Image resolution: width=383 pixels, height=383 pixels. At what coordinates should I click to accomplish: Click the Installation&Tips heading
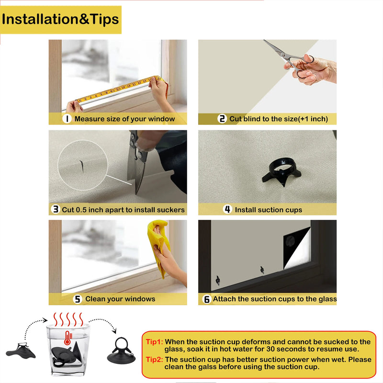[x=60, y=19]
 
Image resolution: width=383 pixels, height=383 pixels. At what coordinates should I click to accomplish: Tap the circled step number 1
[x=67, y=119]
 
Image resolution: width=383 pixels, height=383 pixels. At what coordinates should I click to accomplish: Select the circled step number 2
[x=222, y=119]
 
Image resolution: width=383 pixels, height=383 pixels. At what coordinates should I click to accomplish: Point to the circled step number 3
[x=56, y=209]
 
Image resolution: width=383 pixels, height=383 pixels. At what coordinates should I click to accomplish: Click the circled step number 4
[x=227, y=209]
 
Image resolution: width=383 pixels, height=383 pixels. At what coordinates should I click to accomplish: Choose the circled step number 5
[x=78, y=299]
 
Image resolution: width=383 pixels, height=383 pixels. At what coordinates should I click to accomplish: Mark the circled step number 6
[x=207, y=299]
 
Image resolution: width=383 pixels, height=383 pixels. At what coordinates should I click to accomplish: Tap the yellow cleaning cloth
[x=159, y=247]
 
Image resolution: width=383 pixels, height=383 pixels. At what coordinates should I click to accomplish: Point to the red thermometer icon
[x=68, y=338]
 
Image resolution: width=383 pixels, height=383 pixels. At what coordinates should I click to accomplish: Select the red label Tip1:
[x=154, y=341]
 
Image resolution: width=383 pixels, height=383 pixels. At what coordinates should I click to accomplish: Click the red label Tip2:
[x=154, y=360]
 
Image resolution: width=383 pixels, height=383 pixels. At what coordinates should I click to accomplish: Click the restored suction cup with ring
[x=122, y=350]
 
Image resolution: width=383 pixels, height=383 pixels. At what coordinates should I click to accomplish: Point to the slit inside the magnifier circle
[x=81, y=166]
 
